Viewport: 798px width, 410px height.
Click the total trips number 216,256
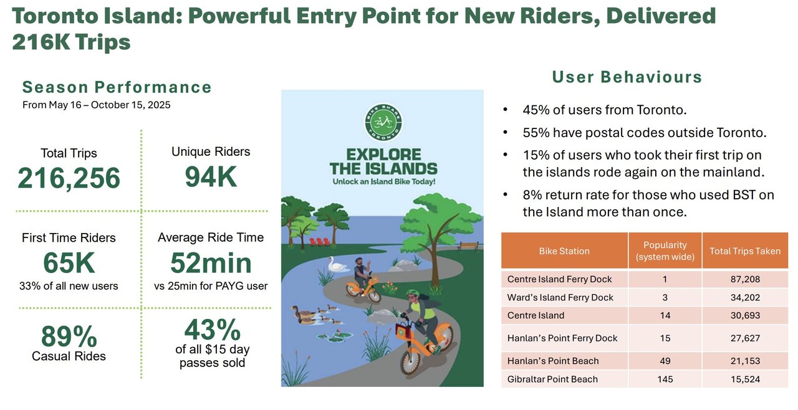pyautogui.click(x=69, y=178)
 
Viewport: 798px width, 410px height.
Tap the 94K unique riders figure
pyautogui.click(x=211, y=176)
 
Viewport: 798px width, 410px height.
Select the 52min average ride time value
pyautogui.click(x=211, y=263)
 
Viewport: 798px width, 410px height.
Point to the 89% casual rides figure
pyautogui.click(x=69, y=336)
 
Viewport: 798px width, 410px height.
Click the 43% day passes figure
pyautogui.click(x=213, y=330)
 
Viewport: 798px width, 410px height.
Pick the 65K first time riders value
pyautogui.click(x=69, y=263)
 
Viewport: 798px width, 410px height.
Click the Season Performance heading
pyautogui.click(x=117, y=87)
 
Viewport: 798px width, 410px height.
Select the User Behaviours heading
pyautogui.click(x=627, y=77)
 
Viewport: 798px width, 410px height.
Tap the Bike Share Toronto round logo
pyautogui.click(x=383, y=122)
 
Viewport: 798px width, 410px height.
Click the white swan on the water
pyautogui.click(x=336, y=265)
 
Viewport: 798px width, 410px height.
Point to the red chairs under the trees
pyautogui.click(x=319, y=242)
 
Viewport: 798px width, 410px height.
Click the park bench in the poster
pyautogui.click(x=468, y=246)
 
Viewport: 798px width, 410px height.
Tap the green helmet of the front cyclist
pyautogui.click(x=413, y=293)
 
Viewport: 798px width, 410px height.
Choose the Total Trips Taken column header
pyautogui.click(x=745, y=251)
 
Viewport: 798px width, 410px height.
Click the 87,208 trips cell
pyautogui.click(x=745, y=279)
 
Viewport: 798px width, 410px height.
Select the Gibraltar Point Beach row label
pyautogui.click(x=552, y=379)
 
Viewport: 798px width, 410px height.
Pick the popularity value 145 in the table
pyautogui.click(x=665, y=379)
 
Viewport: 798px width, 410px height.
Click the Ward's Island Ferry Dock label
pyautogui.click(x=560, y=297)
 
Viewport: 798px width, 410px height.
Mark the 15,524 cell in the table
pyautogui.click(x=745, y=379)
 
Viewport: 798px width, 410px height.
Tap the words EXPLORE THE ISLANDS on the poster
pyautogui.click(x=383, y=161)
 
